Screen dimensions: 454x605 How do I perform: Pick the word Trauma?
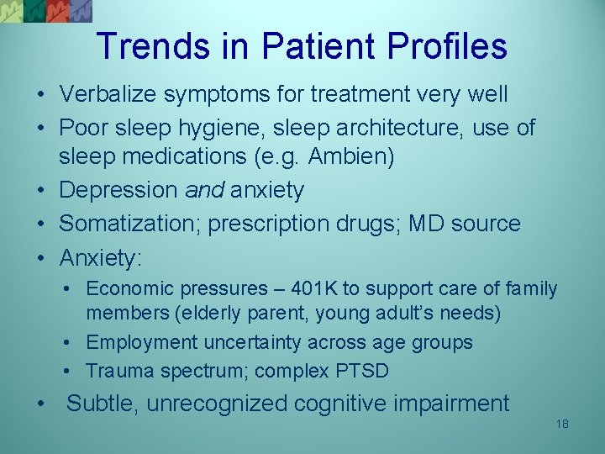(x=118, y=371)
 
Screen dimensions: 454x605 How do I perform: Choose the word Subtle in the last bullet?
(x=102, y=404)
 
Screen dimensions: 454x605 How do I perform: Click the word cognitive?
(x=340, y=404)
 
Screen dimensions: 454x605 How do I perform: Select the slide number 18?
(x=562, y=424)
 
